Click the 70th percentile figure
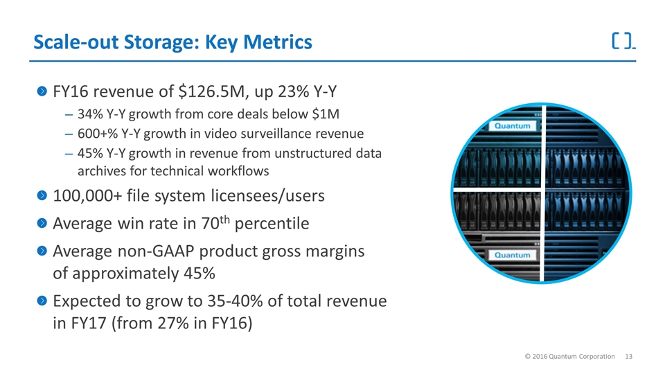point(215,222)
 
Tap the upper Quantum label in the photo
point(512,126)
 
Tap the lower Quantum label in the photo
point(512,256)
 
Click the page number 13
point(628,357)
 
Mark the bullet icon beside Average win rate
point(42,222)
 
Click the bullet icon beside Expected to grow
point(42,301)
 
